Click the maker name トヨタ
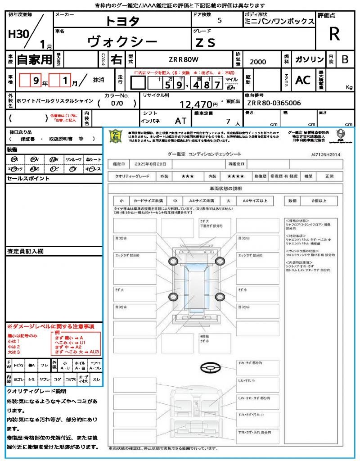[122, 21]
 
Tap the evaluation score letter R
[334, 34]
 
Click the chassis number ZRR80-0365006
[274, 103]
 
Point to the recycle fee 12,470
[196, 105]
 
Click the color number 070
[117, 103]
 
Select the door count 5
[219, 20]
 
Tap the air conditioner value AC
[303, 80]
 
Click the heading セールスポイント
[22, 179]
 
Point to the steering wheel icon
[210, 368]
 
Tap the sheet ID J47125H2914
[325, 154]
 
